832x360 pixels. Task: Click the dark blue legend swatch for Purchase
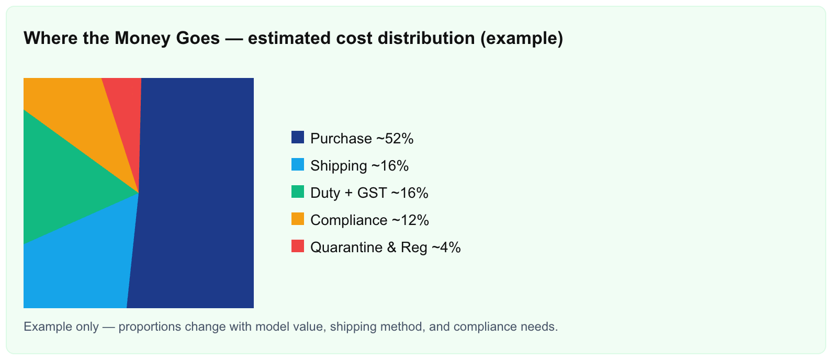click(298, 137)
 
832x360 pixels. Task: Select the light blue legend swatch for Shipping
click(298, 164)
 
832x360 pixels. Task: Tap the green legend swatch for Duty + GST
click(298, 192)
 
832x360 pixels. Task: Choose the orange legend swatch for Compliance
click(298, 219)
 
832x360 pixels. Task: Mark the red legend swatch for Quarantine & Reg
click(298, 246)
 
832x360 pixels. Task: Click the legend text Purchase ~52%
click(362, 139)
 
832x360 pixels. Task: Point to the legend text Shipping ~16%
click(359, 166)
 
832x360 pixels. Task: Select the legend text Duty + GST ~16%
click(369, 193)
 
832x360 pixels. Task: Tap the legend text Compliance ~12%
click(369, 220)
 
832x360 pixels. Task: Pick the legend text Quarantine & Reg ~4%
click(386, 248)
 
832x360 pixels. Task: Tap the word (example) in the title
click(522, 38)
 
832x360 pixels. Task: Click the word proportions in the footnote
click(150, 327)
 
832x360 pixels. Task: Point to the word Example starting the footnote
click(48, 327)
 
